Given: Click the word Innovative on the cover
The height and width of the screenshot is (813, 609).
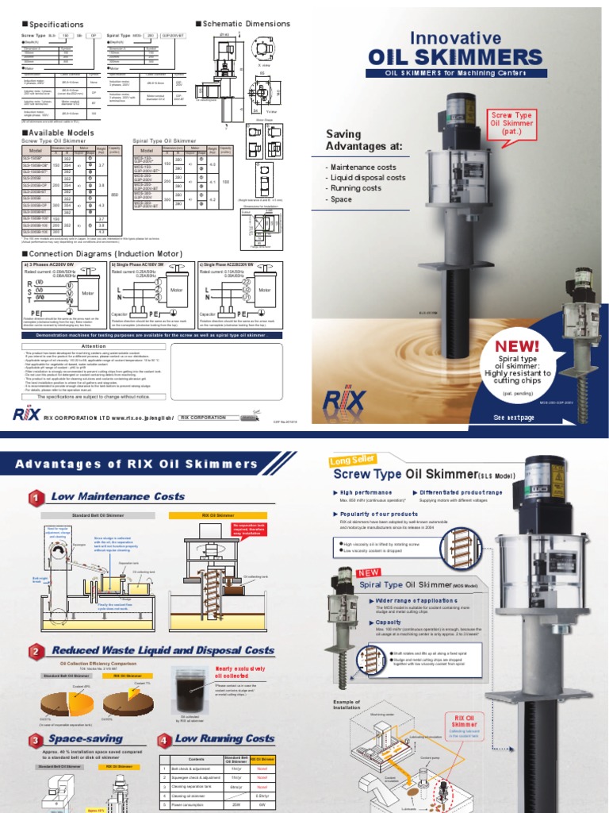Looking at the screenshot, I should (455, 38).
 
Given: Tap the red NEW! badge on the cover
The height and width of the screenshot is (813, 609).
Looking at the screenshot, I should (517, 346).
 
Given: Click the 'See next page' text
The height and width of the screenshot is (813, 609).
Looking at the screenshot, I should (515, 418).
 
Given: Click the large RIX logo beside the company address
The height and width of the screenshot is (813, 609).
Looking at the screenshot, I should (29, 414).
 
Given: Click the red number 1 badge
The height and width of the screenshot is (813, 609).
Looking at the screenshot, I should (34, 498).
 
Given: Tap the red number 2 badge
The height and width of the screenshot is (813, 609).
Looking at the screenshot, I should (34, 652).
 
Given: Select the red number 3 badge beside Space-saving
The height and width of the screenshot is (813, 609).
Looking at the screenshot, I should (34, 741).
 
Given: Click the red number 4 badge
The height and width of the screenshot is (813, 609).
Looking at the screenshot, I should (164, 741).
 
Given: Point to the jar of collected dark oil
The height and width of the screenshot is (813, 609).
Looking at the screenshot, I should (190, 689).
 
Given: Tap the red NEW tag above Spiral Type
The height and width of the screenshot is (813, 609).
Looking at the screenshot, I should (348, 572).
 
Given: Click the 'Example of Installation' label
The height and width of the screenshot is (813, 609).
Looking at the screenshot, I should (347, 706).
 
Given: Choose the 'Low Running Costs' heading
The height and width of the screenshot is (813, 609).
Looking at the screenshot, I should (224, 739).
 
